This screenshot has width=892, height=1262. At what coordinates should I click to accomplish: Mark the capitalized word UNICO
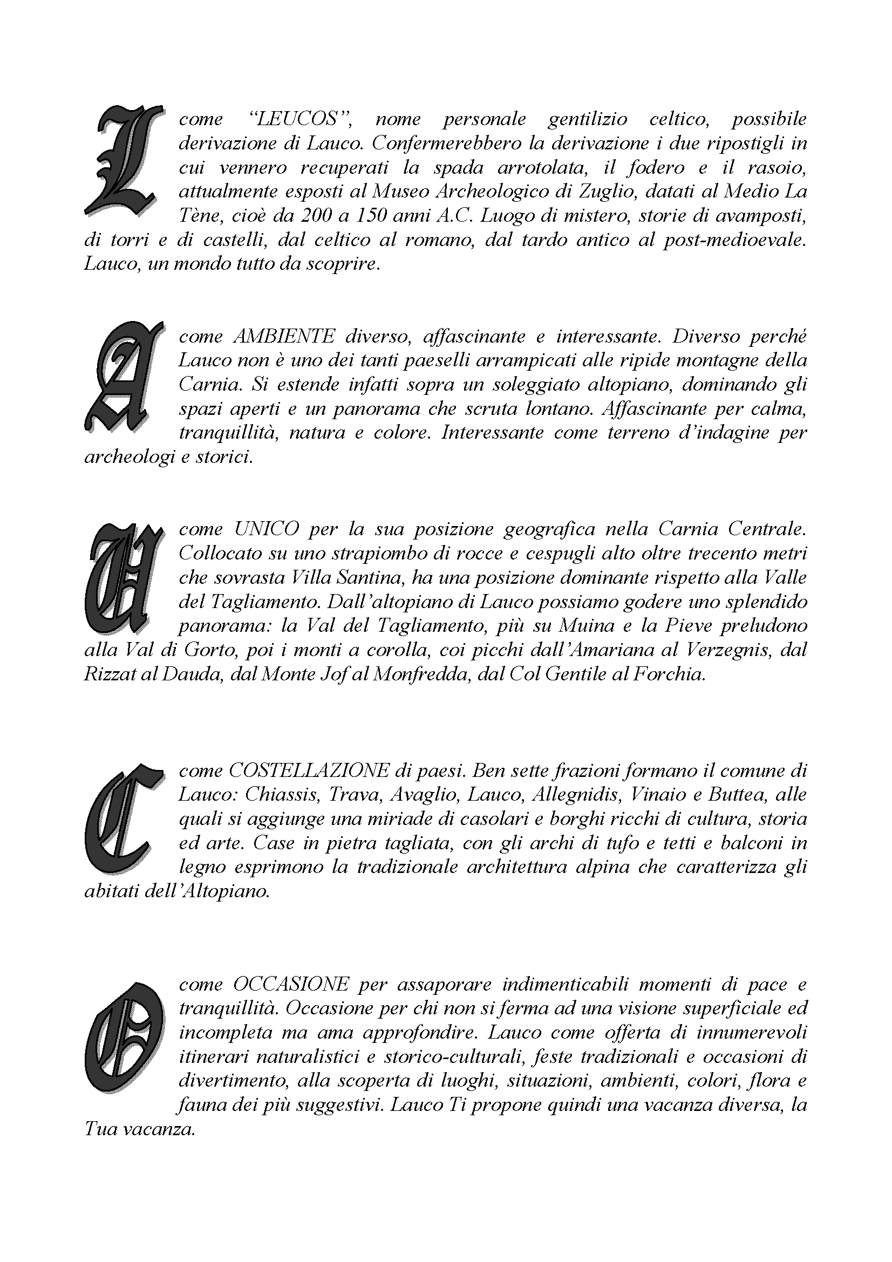coord(266,529)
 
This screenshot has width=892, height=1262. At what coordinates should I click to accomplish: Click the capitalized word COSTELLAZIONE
coord(308,770)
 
